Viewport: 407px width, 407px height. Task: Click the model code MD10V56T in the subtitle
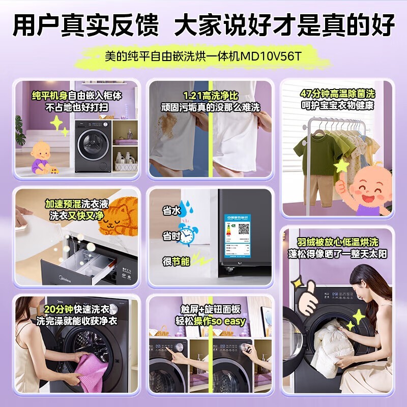tap(273, 55)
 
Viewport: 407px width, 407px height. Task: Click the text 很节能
tap(176, 261)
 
